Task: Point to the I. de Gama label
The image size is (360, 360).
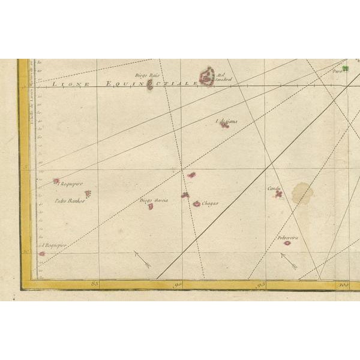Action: point(227,121)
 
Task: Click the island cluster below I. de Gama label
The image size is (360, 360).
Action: point(224,126)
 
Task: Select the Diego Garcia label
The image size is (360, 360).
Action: point(154,200)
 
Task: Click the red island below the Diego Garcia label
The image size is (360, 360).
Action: point(151,207)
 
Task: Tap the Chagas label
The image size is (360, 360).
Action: point(209,203)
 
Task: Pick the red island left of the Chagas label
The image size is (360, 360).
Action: point(196,204)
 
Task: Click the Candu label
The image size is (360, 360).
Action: point(274,188)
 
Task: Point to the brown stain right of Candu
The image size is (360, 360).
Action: point(302,194)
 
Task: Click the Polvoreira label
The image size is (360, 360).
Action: point(287,237)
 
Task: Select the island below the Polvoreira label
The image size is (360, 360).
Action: point(287,243)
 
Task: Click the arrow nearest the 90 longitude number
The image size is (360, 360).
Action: point(142,259)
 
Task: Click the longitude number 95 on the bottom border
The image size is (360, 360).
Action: point(261,284)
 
